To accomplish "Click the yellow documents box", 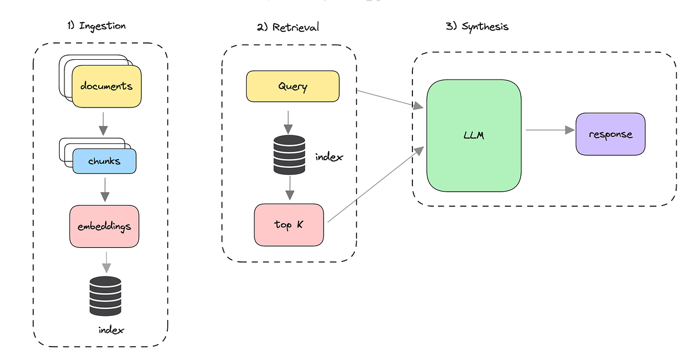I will pos(106,87).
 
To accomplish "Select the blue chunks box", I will pos(105,161).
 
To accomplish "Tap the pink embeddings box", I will pos(105,226).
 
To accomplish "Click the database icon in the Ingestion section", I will pos(105,296).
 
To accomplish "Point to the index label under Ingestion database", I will pos(111,330).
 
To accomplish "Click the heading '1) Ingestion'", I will pos(96,26).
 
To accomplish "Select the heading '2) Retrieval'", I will pos(288,27).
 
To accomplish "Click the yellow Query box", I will pos(293,87).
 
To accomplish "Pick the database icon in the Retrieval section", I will pos(289,155).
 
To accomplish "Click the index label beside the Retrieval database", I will pos(329,157).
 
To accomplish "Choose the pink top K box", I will pos(289,225).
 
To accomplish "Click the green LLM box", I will pos(473,135).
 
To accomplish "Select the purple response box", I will pos(610,134).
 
